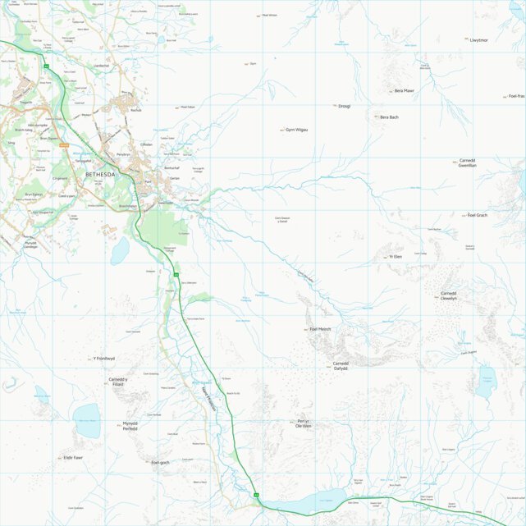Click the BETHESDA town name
coord(100,175)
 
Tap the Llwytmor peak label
coord(478,39)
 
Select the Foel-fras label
coord(515,96)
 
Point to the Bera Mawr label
coord(404,90)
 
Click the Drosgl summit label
coord(344,106)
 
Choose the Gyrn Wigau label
coord(295,130)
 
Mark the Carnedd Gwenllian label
coord(468,162)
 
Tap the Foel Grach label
coord(477,215)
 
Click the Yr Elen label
coord(396,257)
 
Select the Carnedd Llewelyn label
coord(448,295)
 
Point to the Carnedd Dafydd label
coord(341,366)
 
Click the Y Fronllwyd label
coord(104,359)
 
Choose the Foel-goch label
coord(160,463)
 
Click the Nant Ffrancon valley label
coord(207,403)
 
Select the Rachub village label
coord(135,109)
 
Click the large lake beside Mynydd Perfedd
coord(87,420)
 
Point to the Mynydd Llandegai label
coord(30,245)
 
